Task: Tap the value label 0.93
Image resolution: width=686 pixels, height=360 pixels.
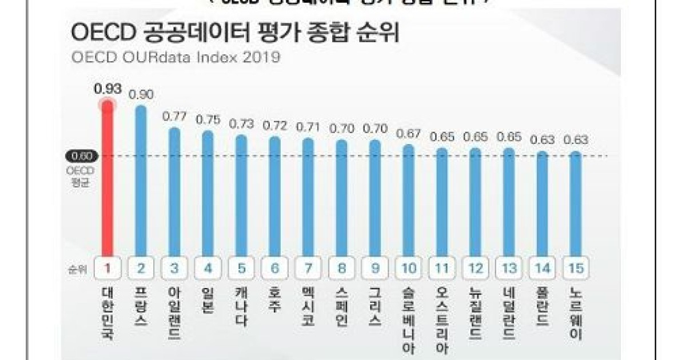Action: (x=107, y=89)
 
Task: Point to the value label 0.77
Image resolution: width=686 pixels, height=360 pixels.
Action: (x=174, y=116)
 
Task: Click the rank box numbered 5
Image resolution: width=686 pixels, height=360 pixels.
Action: (x=241, y=268)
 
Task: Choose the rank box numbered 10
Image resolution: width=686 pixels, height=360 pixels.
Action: (x=409, y=268)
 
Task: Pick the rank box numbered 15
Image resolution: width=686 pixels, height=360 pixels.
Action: (x=576, y=268)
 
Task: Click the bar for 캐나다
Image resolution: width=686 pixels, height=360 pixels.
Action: (x=241, y=194)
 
